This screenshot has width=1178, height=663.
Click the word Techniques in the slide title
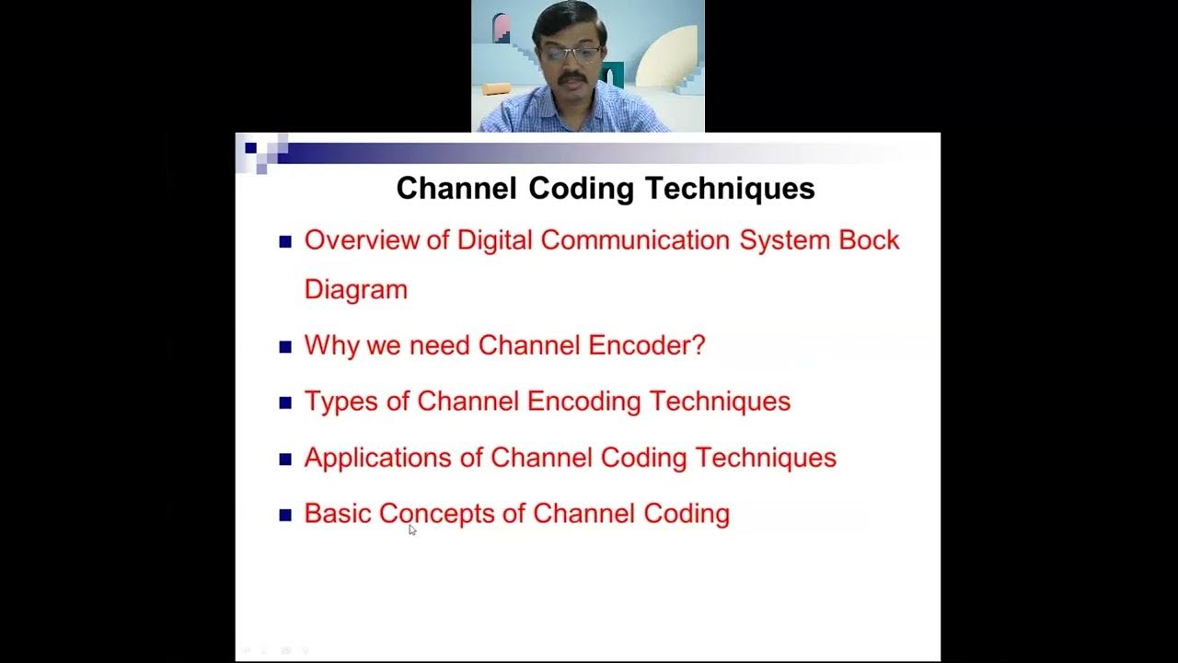pyautogui.click(x=729, y=189)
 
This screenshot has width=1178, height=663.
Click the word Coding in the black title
pyautogui.click(x=581, y=189)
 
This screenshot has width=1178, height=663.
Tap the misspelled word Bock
pyautogui.click(x=869, y=240)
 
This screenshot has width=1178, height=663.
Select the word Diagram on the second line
pyautogui.click(x=355, y=290)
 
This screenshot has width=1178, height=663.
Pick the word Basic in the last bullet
pyautogui.click(x=337, y=514)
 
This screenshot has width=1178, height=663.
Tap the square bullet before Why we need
pyautogui.click(x=285, y=347)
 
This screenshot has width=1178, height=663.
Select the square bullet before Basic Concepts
pyautogui.click(x=285, y=516)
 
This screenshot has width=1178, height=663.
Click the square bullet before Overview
pyautogui.click(x=285, y=242)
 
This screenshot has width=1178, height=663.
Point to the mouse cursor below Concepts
pyautogui.click(x=412, y=529)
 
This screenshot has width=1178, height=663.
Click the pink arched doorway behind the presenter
pyautogui.click(x=502, y=29)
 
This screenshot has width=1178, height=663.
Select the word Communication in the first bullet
pyautogui.click(x=635, y=240)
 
